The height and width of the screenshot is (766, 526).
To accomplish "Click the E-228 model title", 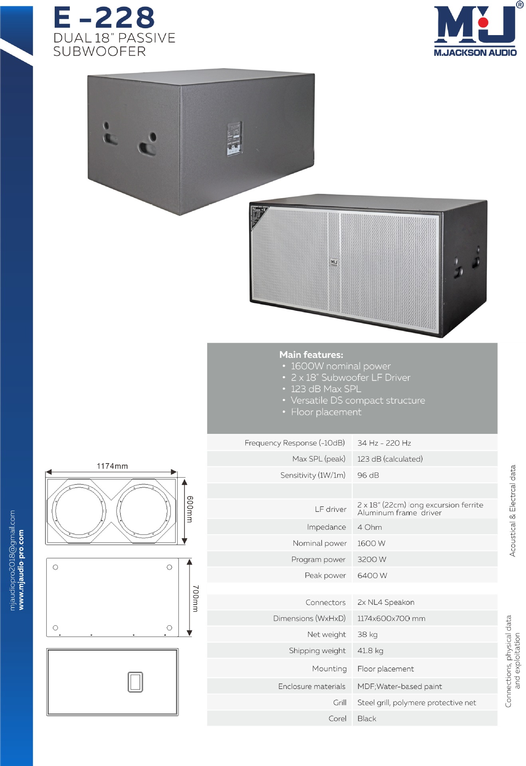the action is [x=104, y=18].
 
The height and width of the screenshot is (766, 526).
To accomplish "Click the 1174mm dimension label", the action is [x=112, y=466].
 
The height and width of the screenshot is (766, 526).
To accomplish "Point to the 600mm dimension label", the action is [x=190, y=509].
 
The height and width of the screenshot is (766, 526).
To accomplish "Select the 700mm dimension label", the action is [x=195, y=598].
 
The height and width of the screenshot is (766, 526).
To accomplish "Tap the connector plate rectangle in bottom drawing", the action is [x=135, y=682].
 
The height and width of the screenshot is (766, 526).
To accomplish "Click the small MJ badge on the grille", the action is [x=334, y=262].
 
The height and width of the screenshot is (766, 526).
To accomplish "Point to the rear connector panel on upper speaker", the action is [x=234, y=138].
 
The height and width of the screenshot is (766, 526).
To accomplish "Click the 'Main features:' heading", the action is [x=311, y=355].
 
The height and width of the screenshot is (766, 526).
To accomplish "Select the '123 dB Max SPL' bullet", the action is [x=326, y=389].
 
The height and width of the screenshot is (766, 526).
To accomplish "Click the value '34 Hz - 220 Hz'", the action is [x=384, y=443].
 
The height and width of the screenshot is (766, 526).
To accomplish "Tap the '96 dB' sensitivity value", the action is [x=368, y=475].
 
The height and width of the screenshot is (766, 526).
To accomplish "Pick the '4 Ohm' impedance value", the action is [x=370, y=527].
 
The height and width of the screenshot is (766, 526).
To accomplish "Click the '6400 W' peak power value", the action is [x=372, y=575].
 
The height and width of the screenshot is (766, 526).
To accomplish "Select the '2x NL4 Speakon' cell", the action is [x=386, y=602].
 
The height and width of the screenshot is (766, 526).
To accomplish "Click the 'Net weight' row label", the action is [x=326, y=634].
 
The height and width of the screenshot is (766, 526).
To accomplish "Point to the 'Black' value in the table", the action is [x=366, y=719].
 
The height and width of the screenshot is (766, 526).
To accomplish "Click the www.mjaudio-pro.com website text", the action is [x=21, y=569].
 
